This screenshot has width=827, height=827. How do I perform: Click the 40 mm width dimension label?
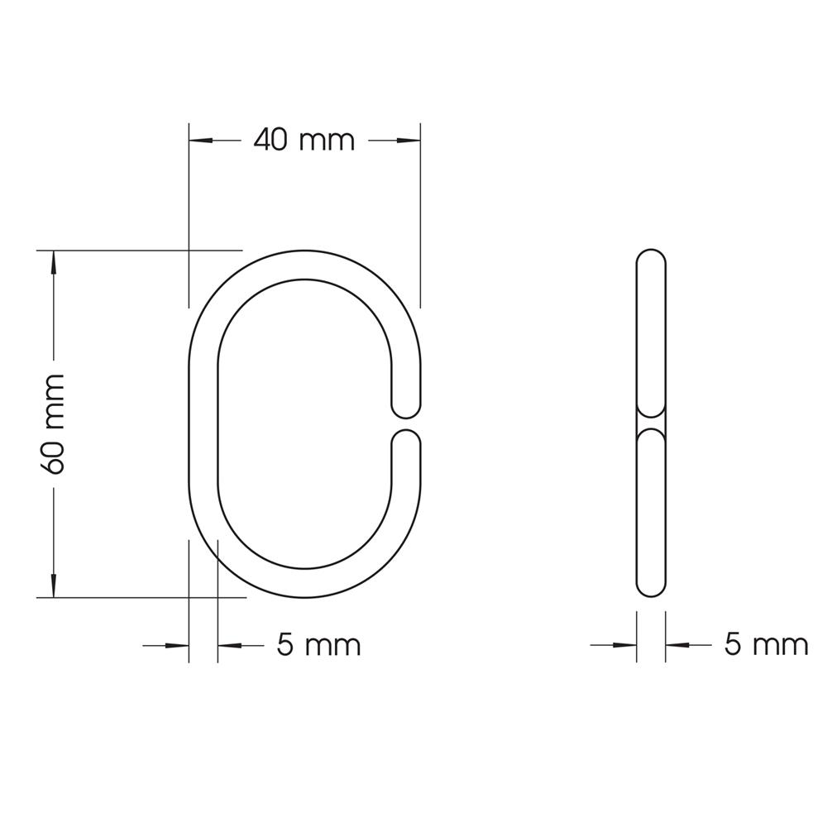click(304, 141)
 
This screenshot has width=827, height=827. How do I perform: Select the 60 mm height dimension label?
click(53, 423)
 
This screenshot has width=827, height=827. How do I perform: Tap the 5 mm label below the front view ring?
click(318, 644)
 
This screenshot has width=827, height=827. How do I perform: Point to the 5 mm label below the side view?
click(766, 644)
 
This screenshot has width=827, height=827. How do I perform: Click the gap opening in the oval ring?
click(405, 423)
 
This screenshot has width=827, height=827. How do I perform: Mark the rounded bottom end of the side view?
click(651, 588)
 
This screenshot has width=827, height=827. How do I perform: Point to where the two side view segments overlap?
click(651, 423)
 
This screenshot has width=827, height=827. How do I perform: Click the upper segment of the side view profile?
click(651, 331)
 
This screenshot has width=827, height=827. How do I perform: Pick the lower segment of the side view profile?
click(651, 513)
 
